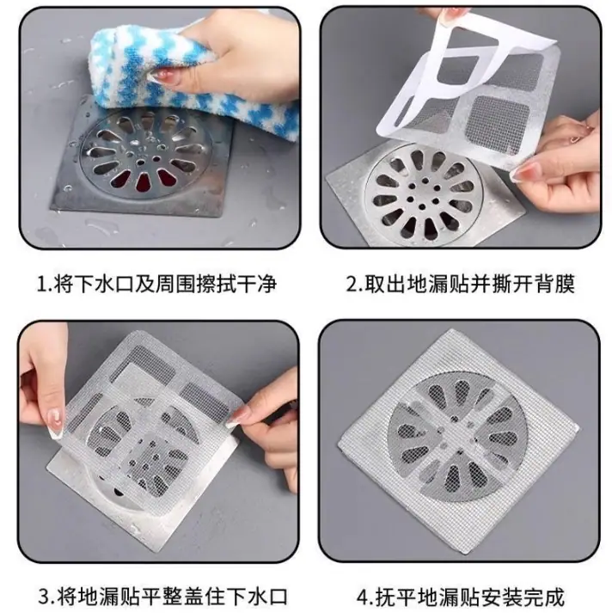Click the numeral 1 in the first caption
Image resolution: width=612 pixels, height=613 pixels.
pyautogui.click(x=41, y=285)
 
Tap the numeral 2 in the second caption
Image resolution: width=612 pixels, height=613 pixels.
pyautogui.click(x=352, y=285)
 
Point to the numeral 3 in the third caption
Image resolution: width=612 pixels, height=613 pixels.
pyautogui.click(x=45, y=597)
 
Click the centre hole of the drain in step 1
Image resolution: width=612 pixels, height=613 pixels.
pyautogui.click(x=140, y=161)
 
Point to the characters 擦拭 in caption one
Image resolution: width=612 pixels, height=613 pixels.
pyautogui.click(x=216, y=284)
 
